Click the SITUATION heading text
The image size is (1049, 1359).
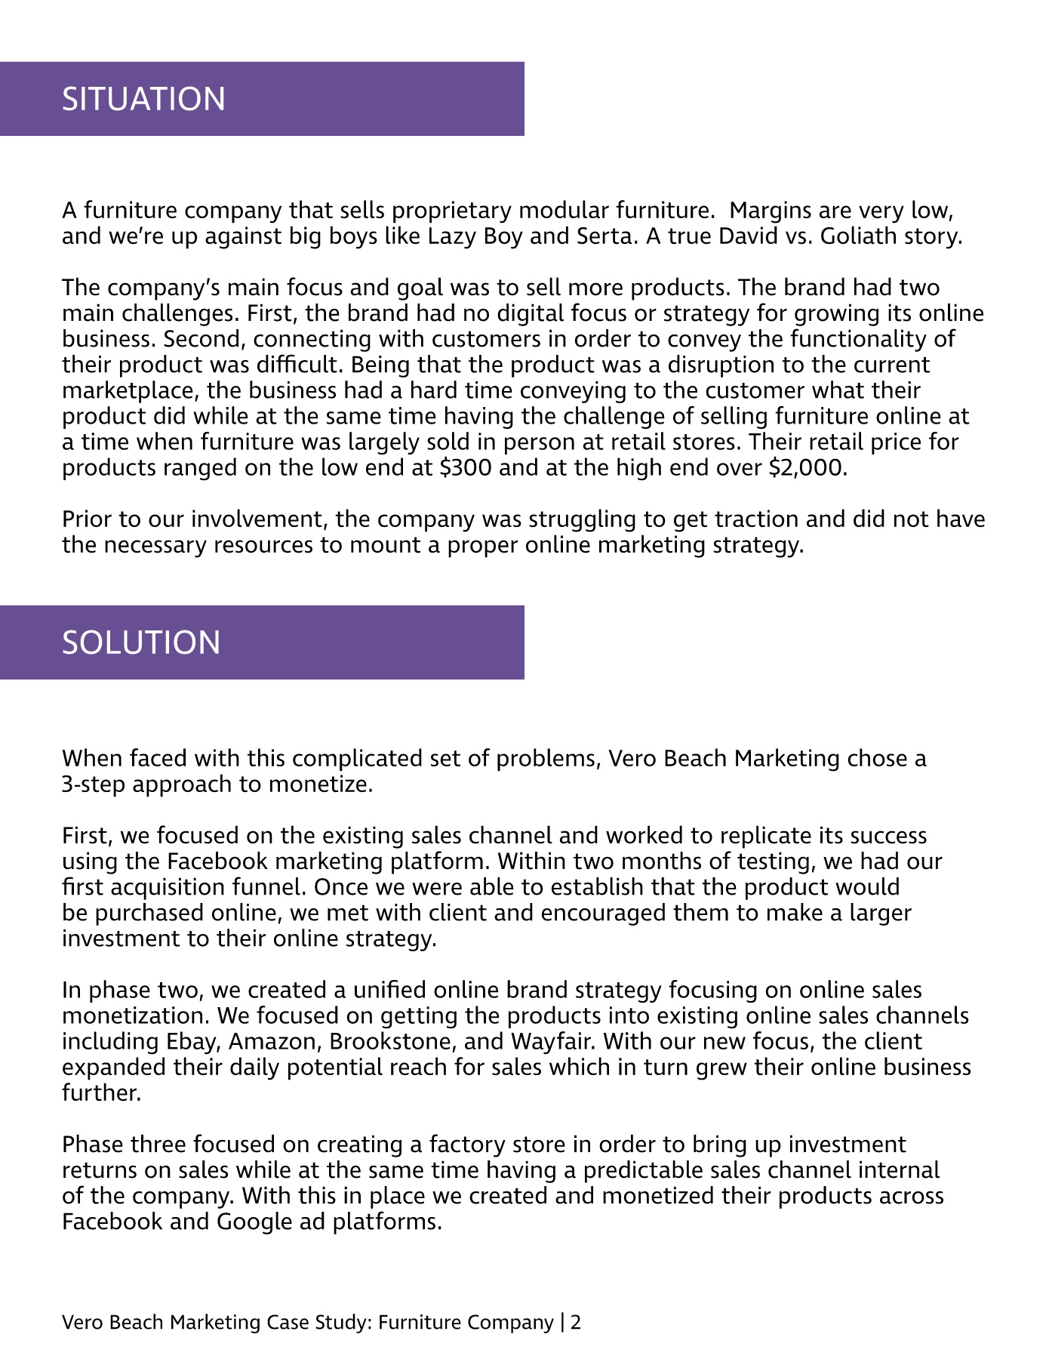143,99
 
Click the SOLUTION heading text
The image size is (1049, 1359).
141,643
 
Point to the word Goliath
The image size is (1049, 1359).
860,236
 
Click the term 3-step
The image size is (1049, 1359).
94,784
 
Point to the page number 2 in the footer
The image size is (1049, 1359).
576,1322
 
